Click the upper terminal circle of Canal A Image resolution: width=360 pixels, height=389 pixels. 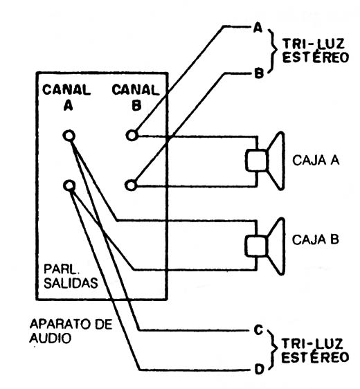[69, 136]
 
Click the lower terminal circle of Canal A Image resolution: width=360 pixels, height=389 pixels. [69, 186]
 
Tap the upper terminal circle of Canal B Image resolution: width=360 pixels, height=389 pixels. [132, 136]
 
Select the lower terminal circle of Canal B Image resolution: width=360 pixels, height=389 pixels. [132, 186]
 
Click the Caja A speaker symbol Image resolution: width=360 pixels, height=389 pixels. [264, 161]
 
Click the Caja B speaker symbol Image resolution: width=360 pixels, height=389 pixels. [264, 246]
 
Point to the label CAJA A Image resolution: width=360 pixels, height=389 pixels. [316, 161]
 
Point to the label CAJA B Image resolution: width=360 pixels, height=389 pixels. [315, 239]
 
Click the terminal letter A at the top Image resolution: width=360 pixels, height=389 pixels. [258, 28]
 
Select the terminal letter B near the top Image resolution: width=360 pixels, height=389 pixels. [259, 73]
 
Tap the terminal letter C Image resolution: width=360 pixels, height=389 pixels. [258, 330]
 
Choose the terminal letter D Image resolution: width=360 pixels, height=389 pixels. [260, 370]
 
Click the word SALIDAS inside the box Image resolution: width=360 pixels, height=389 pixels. [71, 283]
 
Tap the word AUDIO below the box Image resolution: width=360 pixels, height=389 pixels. [51, 338]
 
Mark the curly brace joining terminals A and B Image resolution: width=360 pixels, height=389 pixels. [273, 51]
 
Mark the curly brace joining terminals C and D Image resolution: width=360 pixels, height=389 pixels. [273, 350]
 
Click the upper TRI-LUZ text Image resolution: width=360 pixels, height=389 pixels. [314, 44]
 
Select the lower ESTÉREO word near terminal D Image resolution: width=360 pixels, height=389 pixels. [315, 357]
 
